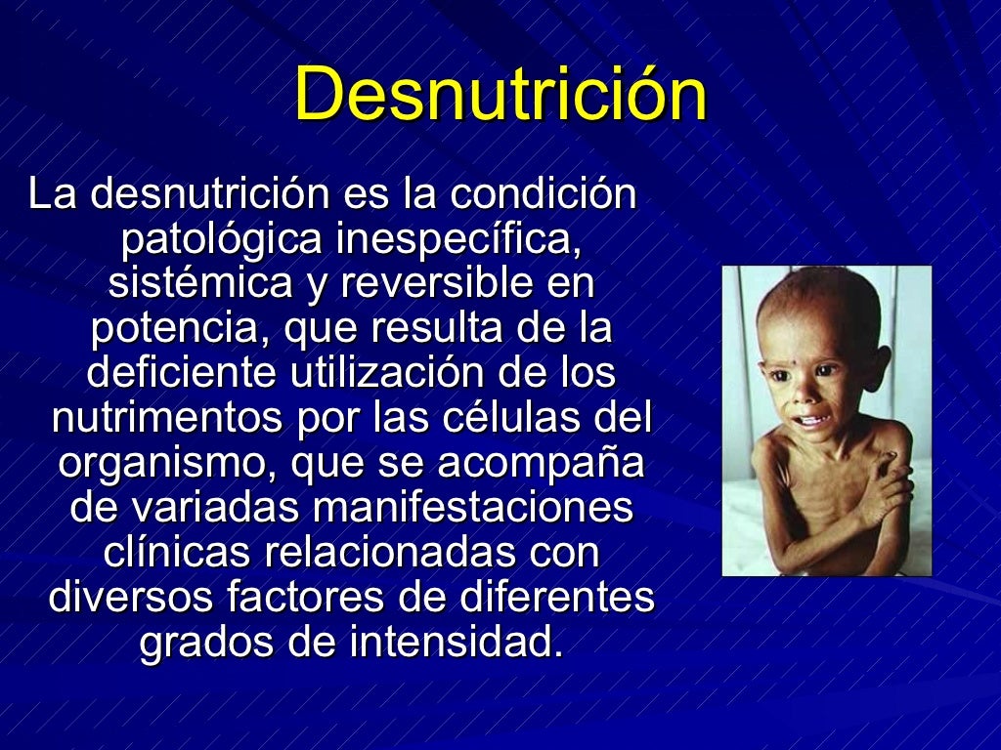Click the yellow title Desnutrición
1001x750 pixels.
500,95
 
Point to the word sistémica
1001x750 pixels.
199,283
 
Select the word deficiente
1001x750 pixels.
176,373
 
